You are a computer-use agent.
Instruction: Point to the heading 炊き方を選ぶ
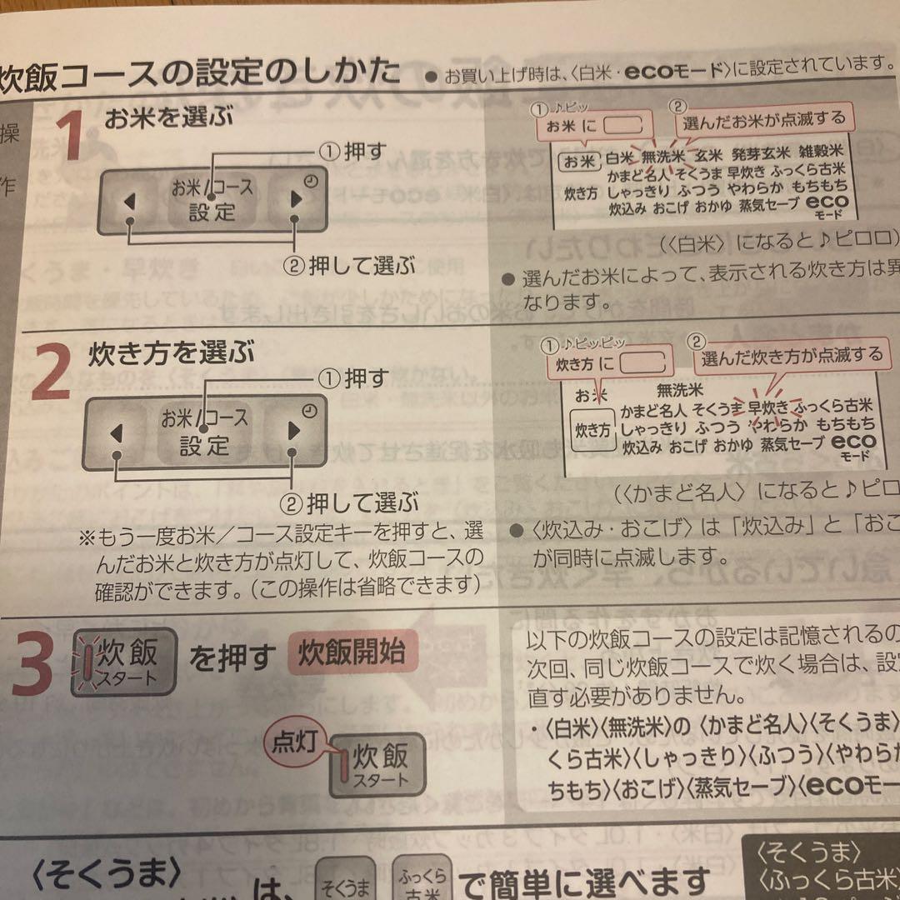[171, 352]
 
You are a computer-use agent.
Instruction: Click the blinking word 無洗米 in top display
[662, 156]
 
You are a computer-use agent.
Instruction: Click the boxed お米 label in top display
[578, 160]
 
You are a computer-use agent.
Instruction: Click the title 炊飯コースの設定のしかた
[200, 73]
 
